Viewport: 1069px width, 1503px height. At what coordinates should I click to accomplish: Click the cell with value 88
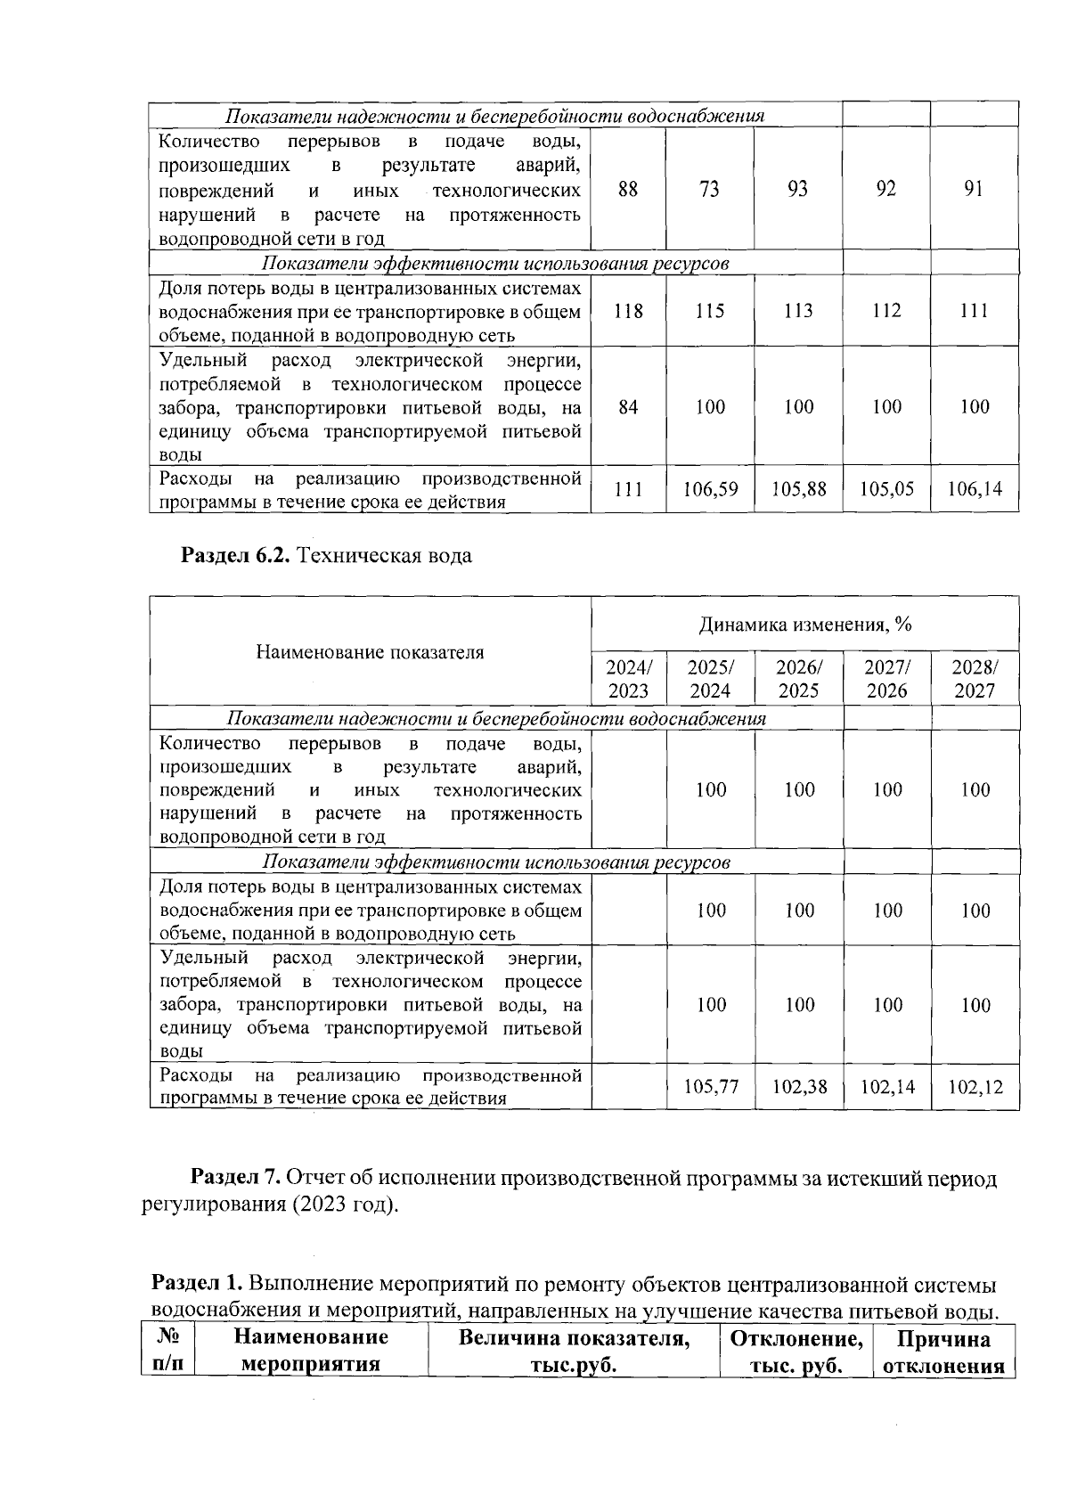coord(628,189)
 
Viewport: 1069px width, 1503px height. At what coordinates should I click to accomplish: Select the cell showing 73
coord(710,189)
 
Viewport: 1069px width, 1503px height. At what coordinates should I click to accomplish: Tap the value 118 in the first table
coord(628,311)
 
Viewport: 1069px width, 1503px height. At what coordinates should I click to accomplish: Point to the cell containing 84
coord(628,407)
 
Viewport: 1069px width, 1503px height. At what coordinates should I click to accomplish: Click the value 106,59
coord(710,489)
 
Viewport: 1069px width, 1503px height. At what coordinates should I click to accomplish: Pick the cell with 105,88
coord(798,489)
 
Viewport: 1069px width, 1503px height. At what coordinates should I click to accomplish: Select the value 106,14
coord(975,489)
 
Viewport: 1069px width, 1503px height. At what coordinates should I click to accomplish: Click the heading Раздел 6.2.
coord(237,556)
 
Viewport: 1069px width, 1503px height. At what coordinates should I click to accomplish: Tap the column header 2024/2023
coord(628,679)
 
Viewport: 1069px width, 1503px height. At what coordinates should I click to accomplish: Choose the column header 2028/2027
coord(975,679)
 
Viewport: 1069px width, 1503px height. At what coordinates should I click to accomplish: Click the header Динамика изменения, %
coord(804,625)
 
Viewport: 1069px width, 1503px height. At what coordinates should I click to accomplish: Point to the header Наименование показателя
coord(370,652)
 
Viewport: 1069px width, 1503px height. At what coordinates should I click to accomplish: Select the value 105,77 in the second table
coord(710,1087)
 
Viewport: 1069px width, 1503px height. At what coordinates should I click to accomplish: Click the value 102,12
coord(975,1087)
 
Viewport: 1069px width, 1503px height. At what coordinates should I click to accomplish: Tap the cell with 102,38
coord(798,1087)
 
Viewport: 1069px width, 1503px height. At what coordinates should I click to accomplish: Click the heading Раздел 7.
coord(237,1179)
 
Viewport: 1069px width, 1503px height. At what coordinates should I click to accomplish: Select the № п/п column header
coord(167,1351)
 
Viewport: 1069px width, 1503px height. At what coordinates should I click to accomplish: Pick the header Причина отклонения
coord(943,1351)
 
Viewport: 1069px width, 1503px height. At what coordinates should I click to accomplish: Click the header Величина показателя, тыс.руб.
coord(574,1351)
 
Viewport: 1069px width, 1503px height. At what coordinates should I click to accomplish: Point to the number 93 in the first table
coord(798,189)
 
